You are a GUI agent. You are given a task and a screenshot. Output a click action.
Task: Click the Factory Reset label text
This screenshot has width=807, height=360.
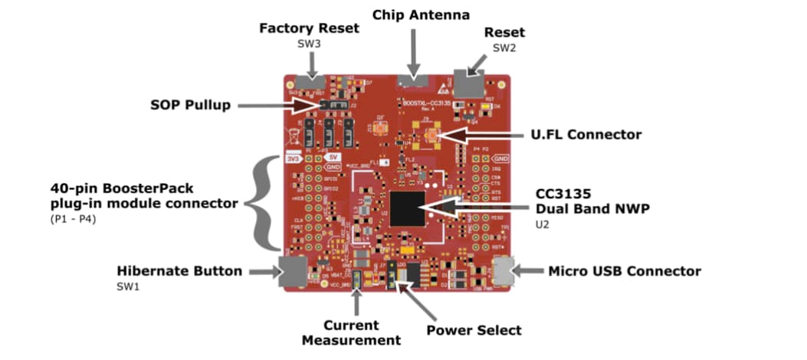pyautogui.click(x=309, y=28)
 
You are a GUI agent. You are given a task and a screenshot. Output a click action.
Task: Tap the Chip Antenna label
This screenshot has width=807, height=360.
pyautogui.click(x=421, y=15)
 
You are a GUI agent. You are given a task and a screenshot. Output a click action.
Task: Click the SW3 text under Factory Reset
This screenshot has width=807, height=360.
pyautogui.click(x=309, y=44)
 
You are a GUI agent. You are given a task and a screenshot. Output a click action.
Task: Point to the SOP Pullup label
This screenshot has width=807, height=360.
pyautogui.click(x=190, y=105)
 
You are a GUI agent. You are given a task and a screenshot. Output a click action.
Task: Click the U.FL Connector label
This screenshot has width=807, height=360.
pyautogui.click(x=586, y=135)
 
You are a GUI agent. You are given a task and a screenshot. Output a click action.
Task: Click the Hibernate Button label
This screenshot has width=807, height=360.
pyautogui.click(x=179, y=271)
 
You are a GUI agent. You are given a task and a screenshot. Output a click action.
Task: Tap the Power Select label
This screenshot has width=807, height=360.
pyautogui.click(x=474, y=330)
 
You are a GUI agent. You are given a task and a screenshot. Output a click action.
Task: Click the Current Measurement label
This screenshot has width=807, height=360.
pyautogui.click(x=351, y=332)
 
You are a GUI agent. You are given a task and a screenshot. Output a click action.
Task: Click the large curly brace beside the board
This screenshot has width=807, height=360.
pyautogui.click(x=265, y=203)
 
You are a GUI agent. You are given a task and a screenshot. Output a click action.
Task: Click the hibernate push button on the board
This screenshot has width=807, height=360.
pyautogui.click(x=292, y=272)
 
